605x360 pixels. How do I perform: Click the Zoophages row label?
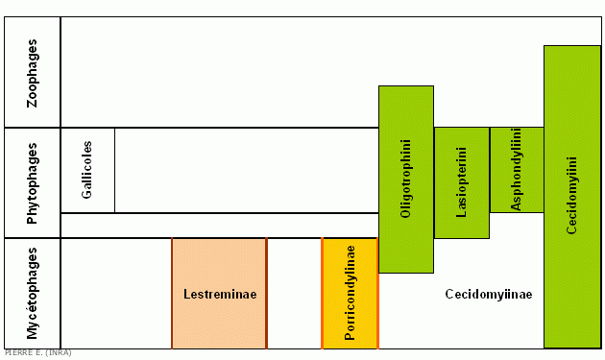click(32, 73)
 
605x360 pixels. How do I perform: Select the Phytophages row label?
click(32, 183)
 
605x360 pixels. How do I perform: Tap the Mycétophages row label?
click(32, 293)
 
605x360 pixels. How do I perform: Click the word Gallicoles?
click(86, 170)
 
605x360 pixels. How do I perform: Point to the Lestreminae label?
click(220, 294)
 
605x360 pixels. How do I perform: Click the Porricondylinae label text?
click(350, 293)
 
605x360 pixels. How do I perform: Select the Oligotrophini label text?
click(405, 179)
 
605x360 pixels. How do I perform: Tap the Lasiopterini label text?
click(461, 182)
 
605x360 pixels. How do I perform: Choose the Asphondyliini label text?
click(517, 169)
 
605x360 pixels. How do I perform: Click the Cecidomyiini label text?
click(571, 195)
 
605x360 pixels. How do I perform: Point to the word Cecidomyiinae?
click(489, 294)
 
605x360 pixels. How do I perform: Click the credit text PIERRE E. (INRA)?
click(37, 352)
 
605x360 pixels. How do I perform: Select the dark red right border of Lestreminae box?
click(266, 293)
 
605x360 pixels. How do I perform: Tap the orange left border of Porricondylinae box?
click(322, 293)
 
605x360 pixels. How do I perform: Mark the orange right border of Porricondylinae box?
click(377, 293)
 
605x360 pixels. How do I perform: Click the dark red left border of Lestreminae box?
click(172, 293)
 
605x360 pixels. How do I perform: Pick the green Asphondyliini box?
click(517, 170)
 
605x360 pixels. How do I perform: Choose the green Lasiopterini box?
click(462, 182)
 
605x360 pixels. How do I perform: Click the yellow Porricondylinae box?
click(350, 293)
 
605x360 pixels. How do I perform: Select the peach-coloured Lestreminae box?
click(219, 293)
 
